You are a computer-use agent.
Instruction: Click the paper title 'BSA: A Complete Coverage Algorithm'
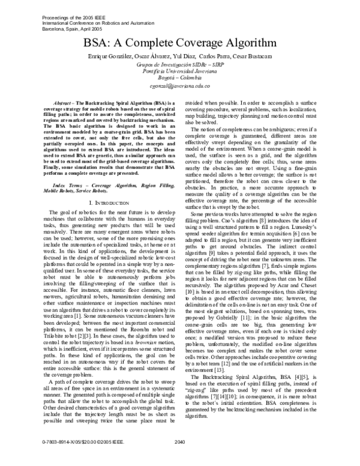pyautogui.click(x=180, y=43)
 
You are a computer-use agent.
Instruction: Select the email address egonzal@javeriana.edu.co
pyautogui.click(x=180, y=86)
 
